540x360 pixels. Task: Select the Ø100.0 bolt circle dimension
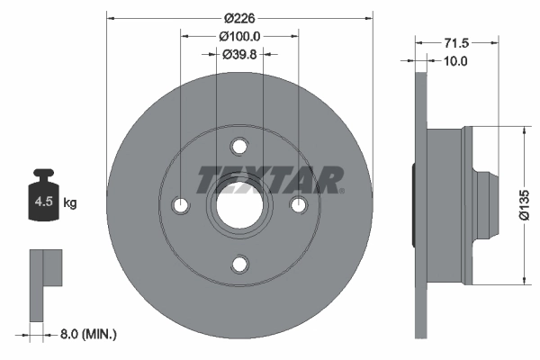tap(239, 36)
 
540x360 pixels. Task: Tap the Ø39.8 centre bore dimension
tap(239, 54)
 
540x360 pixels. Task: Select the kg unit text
tap(70, 203)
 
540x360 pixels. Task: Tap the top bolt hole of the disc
tap(239, 147)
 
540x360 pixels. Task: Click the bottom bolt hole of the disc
tap(239, 264)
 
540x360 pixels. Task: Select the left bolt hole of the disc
tap(181, 205)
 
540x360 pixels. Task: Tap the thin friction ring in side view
tap(419, 205)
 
